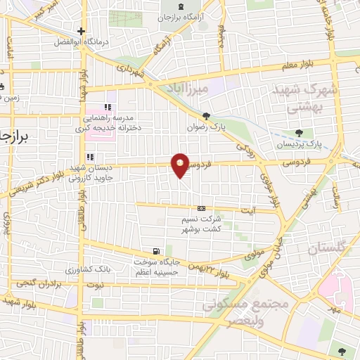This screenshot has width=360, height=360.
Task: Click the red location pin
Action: click(x=181, y=165)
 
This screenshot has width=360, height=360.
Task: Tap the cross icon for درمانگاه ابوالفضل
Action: click(x=82, y=31)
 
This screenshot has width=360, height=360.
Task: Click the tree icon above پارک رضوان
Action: click(x=206, y=117)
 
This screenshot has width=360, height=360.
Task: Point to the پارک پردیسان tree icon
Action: click(x=300, y=132)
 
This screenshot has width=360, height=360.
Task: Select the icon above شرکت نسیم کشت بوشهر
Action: click(x=202, y=208)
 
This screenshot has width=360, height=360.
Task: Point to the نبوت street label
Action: click(x=93, y=285)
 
